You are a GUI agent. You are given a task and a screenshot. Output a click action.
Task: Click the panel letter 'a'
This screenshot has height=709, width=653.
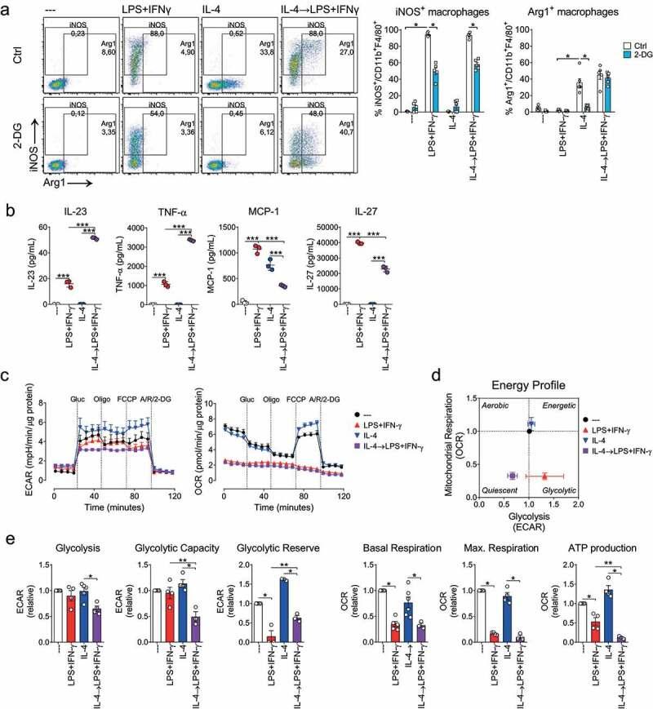tap(7, 7)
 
